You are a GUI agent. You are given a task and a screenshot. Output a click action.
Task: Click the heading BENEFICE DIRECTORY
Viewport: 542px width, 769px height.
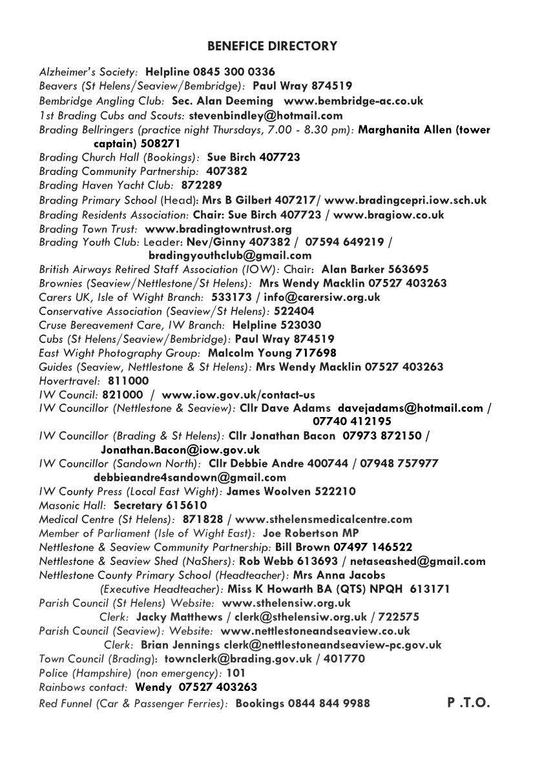tap(272, 46)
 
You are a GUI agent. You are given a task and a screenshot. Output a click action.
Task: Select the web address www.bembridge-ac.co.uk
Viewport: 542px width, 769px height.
tap(353, 101)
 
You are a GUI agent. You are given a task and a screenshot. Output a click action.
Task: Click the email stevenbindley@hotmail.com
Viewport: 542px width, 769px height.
tap(266, 116)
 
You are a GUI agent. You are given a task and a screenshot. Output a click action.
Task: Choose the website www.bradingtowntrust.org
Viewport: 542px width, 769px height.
tap(218, 229)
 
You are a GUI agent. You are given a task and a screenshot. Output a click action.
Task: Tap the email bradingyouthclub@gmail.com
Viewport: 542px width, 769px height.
tap(230, 255)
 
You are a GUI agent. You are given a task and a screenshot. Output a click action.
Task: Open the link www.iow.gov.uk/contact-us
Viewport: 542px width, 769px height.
tap(238, 395)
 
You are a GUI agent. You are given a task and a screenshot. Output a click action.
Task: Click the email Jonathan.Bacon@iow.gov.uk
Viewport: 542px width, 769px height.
tap(180, 449)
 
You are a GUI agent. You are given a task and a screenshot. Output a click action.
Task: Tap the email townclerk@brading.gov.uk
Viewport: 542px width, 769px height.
tap(238, 659)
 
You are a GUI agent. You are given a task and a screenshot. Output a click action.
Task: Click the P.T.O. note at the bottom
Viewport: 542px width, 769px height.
tap(468, 702)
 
